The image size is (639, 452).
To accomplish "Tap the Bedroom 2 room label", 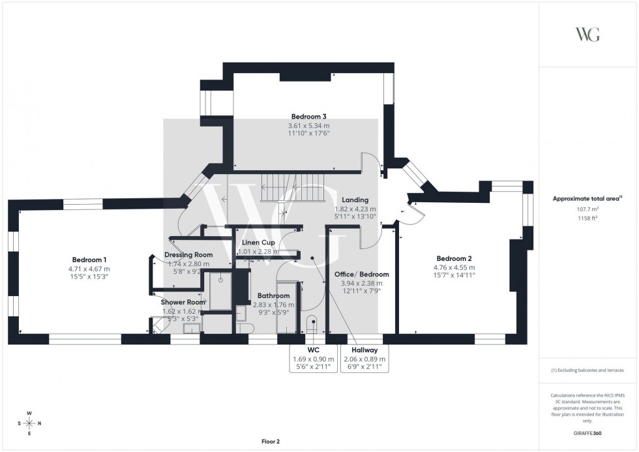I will tap(454, 258).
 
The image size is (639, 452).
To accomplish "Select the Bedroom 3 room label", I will tap(308, 117).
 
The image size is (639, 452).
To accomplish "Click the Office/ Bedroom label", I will tap(361, 275).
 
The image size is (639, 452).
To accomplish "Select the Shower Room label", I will tap(183, 302).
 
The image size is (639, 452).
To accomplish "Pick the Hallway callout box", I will tap(364, 358).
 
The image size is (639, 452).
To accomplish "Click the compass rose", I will tap(29, 423).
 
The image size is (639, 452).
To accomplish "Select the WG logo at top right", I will tap(587, 35).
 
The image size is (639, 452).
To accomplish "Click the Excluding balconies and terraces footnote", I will tap(587, 370).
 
